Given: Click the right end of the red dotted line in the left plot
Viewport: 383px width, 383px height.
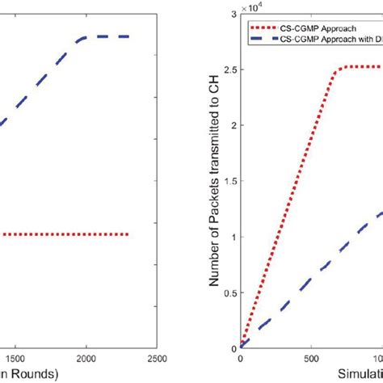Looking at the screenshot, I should click(128, 234).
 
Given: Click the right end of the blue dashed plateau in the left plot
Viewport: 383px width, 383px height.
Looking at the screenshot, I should click(128, 36).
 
